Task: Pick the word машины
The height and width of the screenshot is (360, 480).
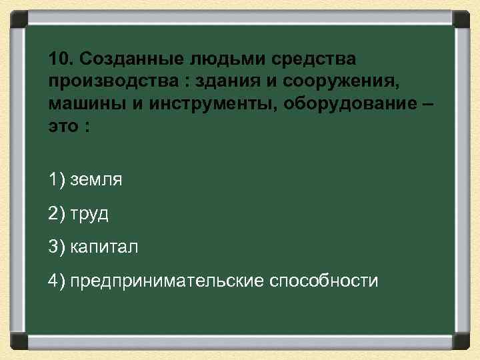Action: tap(80, 105)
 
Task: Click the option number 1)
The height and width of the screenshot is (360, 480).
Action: tap(57, 180)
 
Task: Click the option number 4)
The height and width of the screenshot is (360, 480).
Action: tap(57, 280)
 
